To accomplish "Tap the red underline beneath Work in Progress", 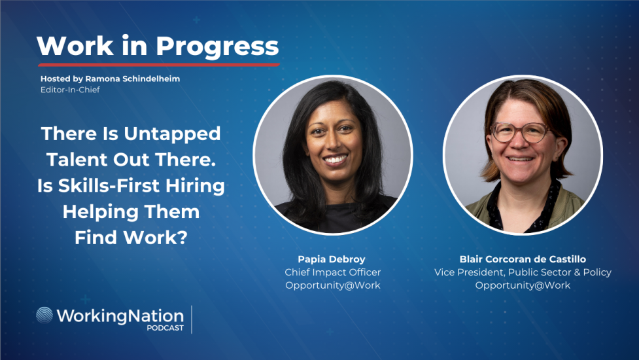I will [158, 64].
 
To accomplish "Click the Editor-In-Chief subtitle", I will [70, 90].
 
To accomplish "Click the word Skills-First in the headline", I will [101, 186].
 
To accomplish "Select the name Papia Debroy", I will [332, 259].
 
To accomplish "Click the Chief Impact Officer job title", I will [332, 272].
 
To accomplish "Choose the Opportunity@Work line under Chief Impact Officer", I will [332, 285].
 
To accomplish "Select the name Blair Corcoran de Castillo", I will [523, 259].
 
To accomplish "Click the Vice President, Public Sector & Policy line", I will [523, 272].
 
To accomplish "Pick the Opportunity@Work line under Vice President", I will [523, 285].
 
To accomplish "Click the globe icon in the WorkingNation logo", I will [44, 315].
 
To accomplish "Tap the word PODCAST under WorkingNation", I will [165, 328].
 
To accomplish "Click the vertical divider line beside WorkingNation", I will [192, 319].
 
